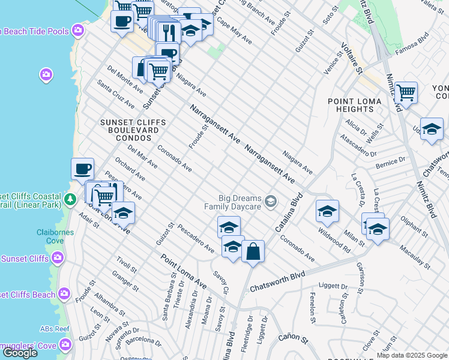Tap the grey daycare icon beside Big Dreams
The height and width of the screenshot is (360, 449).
coord(271,201)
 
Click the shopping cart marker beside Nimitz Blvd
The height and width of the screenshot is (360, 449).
coord(406,92)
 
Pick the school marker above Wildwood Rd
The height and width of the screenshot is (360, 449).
coord(327,211)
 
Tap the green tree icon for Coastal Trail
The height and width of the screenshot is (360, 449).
coord(71,199)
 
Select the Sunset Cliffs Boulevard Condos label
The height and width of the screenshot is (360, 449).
coord(130,130)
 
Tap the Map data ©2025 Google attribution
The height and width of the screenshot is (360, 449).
coord(411,355)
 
